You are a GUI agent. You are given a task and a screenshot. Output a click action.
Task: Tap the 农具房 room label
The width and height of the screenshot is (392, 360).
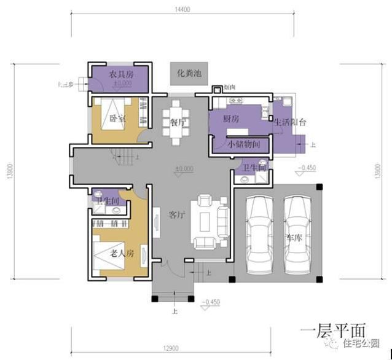coord(121,74)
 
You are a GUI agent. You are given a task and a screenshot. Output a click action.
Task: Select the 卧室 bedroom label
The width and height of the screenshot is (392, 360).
coord(117,119)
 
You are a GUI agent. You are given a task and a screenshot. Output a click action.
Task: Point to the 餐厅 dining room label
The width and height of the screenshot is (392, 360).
coord(178,122)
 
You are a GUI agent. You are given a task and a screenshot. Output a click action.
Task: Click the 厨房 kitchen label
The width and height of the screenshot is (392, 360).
coord(230,119)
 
